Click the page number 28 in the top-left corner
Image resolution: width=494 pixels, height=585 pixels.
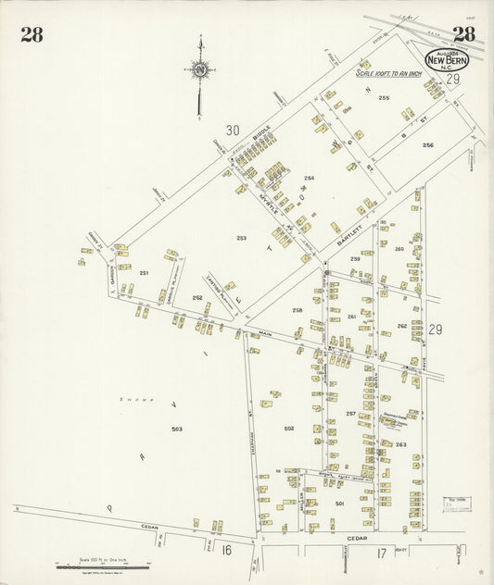(x=32, y=36)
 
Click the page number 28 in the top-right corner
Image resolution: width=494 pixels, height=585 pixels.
(x=463, y=35)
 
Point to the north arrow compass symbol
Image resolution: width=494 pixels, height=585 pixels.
(x=198, y=69)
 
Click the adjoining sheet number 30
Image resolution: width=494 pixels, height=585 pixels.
(x=233, y=131)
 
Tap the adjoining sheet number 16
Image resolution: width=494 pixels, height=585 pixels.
(x=226, y=550)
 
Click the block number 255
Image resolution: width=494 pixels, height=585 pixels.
(x=383, y=98)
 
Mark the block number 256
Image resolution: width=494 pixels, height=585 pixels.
(x=427, y=145)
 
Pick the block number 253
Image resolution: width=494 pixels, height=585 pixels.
(x=241, y=238)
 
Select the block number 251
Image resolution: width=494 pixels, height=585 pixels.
(x=145, y=273)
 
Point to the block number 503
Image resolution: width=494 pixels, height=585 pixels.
(x=177, y=429)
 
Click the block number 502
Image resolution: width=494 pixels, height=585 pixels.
(x=289, y=428)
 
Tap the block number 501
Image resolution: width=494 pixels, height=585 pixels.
(x=340, y=503)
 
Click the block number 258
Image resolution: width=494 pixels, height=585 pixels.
(x=298, y=309)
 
